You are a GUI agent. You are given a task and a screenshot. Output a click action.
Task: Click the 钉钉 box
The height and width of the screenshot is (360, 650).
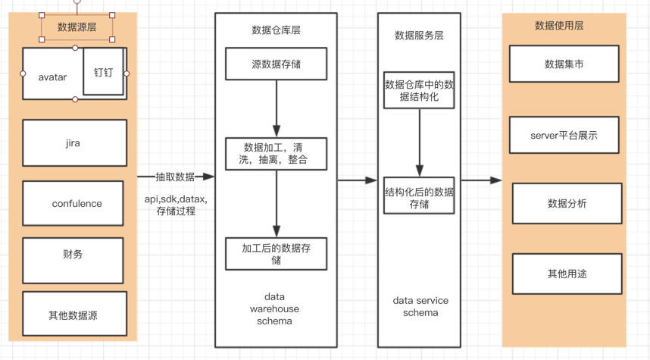[x=103, y=72]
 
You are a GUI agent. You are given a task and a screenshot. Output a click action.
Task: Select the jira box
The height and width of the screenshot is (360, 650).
[x=74, y=142]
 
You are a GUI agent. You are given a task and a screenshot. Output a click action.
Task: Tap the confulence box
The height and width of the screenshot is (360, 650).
[x=73, y=203]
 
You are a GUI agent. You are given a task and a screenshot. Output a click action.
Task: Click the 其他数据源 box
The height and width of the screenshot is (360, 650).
[x=74, y=314]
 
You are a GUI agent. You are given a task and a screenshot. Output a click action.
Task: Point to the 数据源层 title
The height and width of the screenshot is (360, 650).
[x=77, y=27]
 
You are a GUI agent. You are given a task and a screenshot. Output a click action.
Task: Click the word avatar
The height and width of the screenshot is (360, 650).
[x=52, y=77]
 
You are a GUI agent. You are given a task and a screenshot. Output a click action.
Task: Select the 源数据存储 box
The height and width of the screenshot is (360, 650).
[x=276, y=64]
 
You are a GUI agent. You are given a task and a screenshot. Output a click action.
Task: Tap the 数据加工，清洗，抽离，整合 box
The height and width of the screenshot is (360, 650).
[x=276, y=154]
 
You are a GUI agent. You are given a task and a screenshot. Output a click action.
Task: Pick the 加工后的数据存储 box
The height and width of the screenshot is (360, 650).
[x=276, y=254]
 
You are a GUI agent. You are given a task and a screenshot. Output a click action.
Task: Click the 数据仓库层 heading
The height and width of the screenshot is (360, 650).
[x=276, y=30]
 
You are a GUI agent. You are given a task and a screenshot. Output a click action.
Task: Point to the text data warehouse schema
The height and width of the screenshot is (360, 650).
[x=274, y=308]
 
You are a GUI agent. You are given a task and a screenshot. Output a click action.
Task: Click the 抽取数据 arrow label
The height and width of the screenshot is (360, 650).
[x=175, y=177]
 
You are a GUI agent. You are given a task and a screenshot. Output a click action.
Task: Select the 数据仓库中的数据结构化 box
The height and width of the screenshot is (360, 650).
[x=419, y=91]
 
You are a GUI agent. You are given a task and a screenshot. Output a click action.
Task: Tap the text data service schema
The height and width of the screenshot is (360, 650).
[x=420, y=306]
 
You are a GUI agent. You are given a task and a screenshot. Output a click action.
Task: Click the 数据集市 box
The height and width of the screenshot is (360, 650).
[x=564, y=64]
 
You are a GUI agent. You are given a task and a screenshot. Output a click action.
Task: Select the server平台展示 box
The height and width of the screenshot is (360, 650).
[x=564, y=136]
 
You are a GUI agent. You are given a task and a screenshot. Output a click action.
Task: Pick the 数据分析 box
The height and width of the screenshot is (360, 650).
[x=567, y=203]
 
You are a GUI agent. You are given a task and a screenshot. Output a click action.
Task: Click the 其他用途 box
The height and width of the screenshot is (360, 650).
[x=567, y=274]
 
